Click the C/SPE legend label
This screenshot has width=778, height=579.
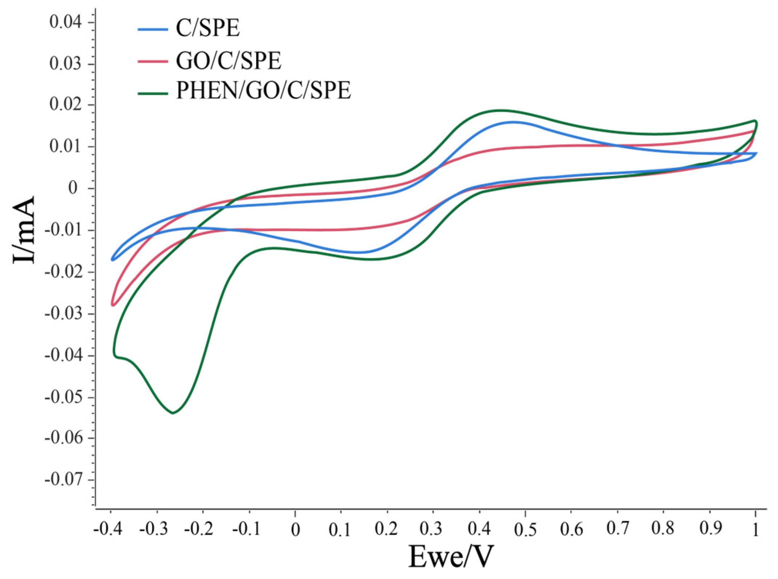[x=208, y=28]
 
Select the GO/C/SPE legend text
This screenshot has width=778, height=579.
[x=228, y=61]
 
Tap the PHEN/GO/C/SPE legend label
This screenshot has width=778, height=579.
[x=264, y=91]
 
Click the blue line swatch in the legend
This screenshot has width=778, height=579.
[x=153, y=29]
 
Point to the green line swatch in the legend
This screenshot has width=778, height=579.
[x=153, y=94]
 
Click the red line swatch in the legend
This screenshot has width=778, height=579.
[x=153, y=61]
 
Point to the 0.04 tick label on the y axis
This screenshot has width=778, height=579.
[x=66, y=22]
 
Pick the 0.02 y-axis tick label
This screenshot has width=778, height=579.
[x=66, y=105]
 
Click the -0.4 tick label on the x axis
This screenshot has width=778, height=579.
[x=108, y=529]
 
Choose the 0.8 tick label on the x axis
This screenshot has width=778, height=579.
[x=663, y=528]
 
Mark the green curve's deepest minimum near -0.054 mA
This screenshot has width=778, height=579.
[x=173, y=413]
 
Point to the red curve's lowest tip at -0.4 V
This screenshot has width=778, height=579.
[x=113, y=305]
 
